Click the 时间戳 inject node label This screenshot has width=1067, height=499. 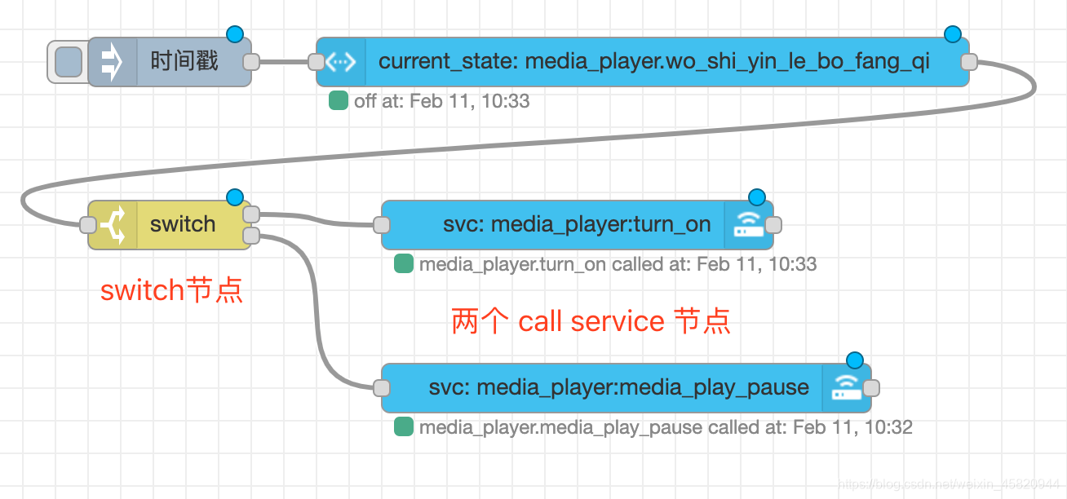184,61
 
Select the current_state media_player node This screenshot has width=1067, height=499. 653,61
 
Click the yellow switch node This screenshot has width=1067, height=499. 183,224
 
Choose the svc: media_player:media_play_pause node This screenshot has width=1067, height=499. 618,387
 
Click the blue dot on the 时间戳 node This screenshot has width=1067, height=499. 235,34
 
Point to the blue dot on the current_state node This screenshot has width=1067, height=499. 953,34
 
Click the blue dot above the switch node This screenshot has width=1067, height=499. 235,197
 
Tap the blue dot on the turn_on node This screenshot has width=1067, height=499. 757,197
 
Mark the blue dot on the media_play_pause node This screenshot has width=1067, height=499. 855,360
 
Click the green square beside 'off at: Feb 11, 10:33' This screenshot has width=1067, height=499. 338,101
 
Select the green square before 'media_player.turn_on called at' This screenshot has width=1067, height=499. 403,264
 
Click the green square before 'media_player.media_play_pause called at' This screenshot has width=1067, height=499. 403,427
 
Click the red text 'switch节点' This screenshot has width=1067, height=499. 171,290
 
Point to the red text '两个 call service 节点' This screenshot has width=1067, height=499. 591,321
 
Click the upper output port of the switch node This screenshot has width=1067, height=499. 251,214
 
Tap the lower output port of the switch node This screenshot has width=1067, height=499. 251,236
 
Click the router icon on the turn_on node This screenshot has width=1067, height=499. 747,225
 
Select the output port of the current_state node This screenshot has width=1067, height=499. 969,62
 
